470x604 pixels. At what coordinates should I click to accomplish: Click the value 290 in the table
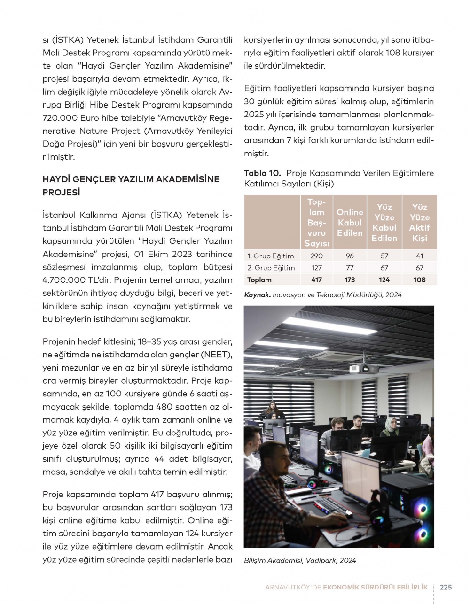tap(317, 256)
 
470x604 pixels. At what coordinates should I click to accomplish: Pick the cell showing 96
tap(350, 256)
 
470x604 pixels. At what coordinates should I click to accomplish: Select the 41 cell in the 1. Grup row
tap(420, 256)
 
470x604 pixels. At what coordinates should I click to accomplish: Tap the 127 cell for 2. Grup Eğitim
tap(317, 268)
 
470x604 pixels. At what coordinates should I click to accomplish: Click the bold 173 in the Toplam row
tap(350, 280)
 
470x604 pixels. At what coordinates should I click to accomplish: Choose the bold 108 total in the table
tap(420, 280)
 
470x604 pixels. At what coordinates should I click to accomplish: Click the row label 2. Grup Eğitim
tap(271, 268)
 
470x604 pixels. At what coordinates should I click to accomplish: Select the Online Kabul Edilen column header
tap(350, 223)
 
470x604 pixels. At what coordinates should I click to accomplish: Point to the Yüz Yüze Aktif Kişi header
tap(420, 223)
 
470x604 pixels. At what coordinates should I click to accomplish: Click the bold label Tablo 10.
tap(262, 173)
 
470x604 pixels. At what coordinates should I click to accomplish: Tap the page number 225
tap(446, 587)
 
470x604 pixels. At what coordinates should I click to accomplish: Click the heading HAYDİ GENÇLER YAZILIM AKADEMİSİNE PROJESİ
tap(131, 186)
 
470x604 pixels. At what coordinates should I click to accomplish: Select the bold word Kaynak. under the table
tap(257, 295)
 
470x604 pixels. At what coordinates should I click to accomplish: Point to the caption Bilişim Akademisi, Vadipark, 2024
tap(300, 560)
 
